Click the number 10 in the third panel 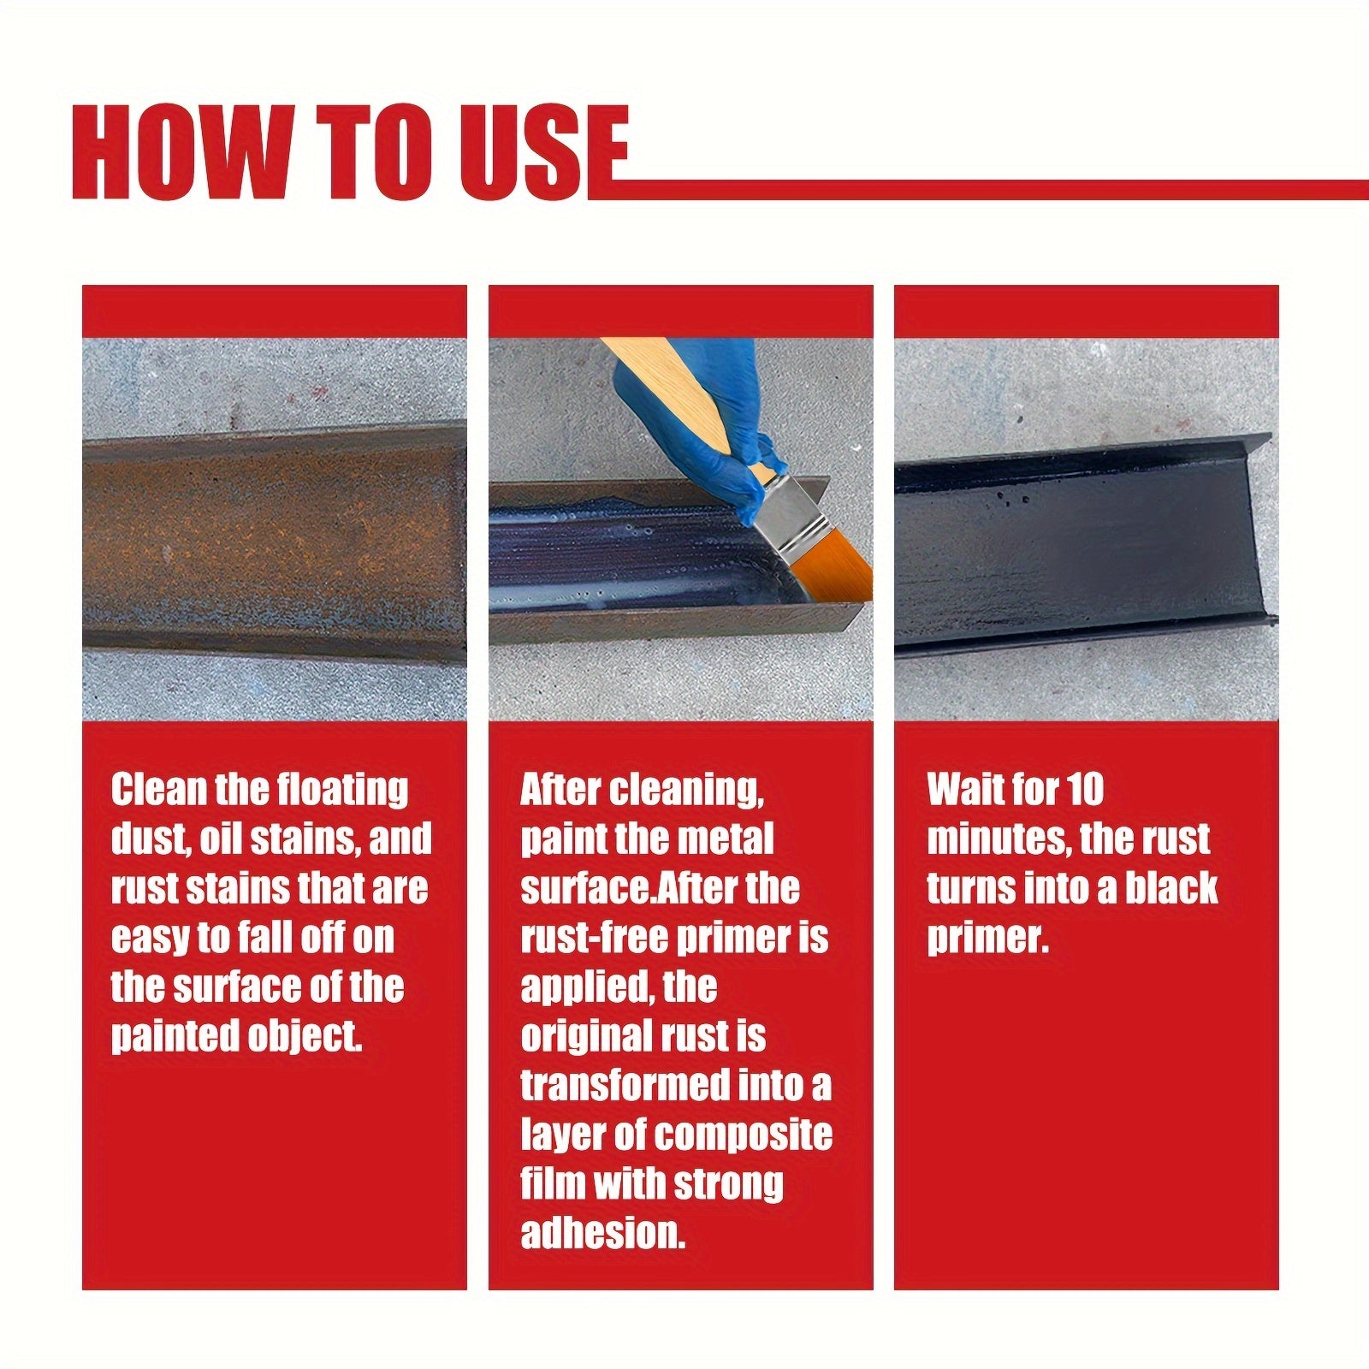point(1085,789)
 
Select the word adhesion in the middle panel point(602,1234)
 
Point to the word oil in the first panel point(220,839)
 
